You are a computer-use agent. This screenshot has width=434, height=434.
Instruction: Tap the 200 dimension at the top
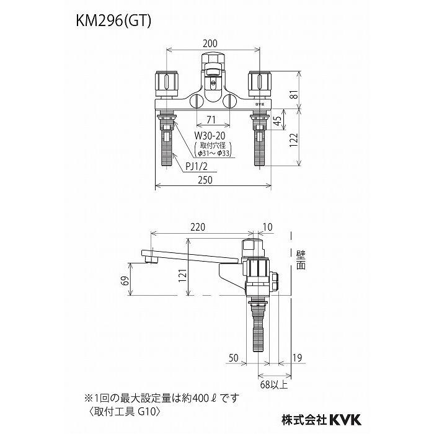pyautogui.click(x=210, y=45)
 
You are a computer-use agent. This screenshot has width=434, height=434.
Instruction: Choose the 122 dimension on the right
pyautogui.click(x=301, y=141)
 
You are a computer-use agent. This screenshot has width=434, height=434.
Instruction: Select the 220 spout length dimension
pyautogui.click(x=199, y=228)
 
